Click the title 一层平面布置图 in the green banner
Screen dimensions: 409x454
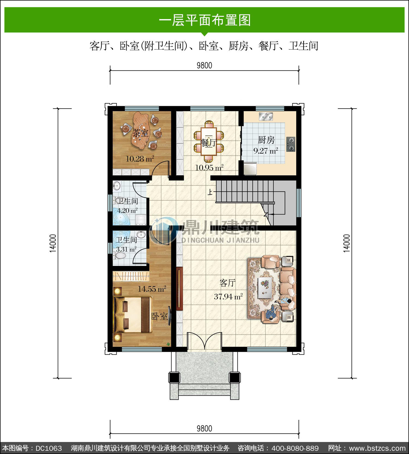click(x=204, y=20)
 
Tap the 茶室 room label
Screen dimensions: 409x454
click(x=141, y=133)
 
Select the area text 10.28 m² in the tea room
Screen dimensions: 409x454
click(x=140, y=159)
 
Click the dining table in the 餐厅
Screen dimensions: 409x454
click(x=209, y=141)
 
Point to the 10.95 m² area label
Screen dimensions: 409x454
click(x=209, y=167)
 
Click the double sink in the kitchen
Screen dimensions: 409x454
click(x=266, y=117)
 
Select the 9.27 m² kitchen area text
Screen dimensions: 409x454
click(x=266, y=151)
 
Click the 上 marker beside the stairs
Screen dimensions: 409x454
click(x=210, y=192)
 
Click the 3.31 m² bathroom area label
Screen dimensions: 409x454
click(x=126, y=249)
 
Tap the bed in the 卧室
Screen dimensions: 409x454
click(x=133, y=314)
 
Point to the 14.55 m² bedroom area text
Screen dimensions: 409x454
click(x=152, y=289)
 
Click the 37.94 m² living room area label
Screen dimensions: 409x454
click(x=228, y=296)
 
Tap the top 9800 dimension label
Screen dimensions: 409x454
click(x=204, y=65)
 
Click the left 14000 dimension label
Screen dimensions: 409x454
click(x=53, y=243)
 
